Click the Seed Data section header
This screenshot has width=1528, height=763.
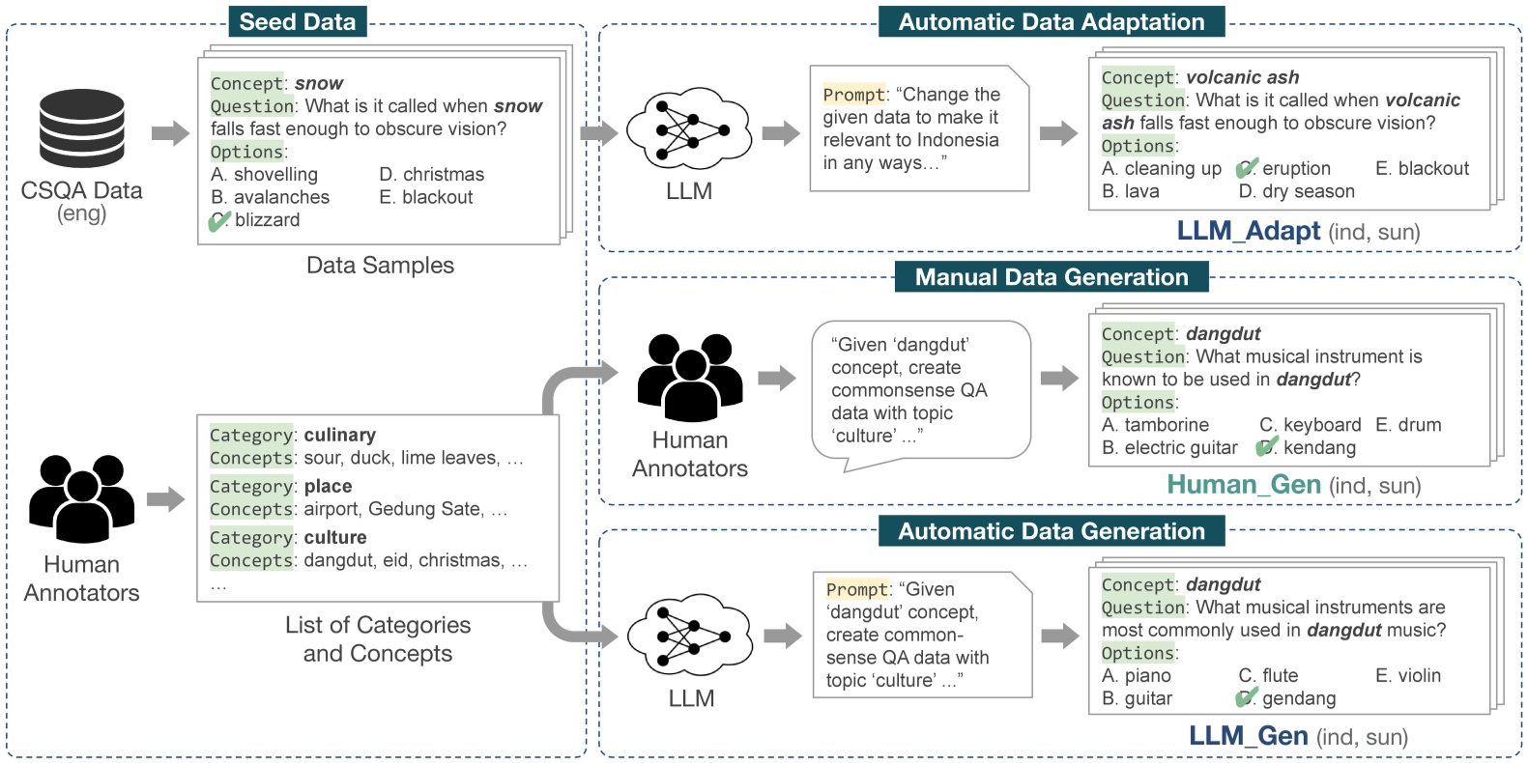tap(297, 21)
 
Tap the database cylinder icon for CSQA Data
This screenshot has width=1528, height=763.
tap(82, 127)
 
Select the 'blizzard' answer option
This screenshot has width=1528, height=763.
tap(266, 220)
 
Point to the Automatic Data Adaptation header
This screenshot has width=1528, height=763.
tap(1051, 21)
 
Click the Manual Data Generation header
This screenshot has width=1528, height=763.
tap(1051, 277)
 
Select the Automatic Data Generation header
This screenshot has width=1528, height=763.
tap(1051, 530)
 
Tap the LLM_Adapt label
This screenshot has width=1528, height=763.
tap(1248, 231)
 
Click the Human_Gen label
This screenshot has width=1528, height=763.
tap(1243, 484)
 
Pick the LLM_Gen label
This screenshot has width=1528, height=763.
tap(1248, 736)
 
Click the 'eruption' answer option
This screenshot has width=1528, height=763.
tap(1295, 168)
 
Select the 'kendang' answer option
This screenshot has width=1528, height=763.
tap(1318, 447)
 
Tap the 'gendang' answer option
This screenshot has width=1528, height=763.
tap(1298, 698)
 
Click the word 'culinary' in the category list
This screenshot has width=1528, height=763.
tap(339, 435)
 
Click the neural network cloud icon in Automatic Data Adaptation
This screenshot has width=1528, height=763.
tap(689, 128)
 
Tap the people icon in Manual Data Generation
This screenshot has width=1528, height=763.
tap(689, 378)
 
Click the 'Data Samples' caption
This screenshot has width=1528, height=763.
tap(380, 265)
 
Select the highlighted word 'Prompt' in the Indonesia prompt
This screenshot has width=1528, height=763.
tap(853, 95)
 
